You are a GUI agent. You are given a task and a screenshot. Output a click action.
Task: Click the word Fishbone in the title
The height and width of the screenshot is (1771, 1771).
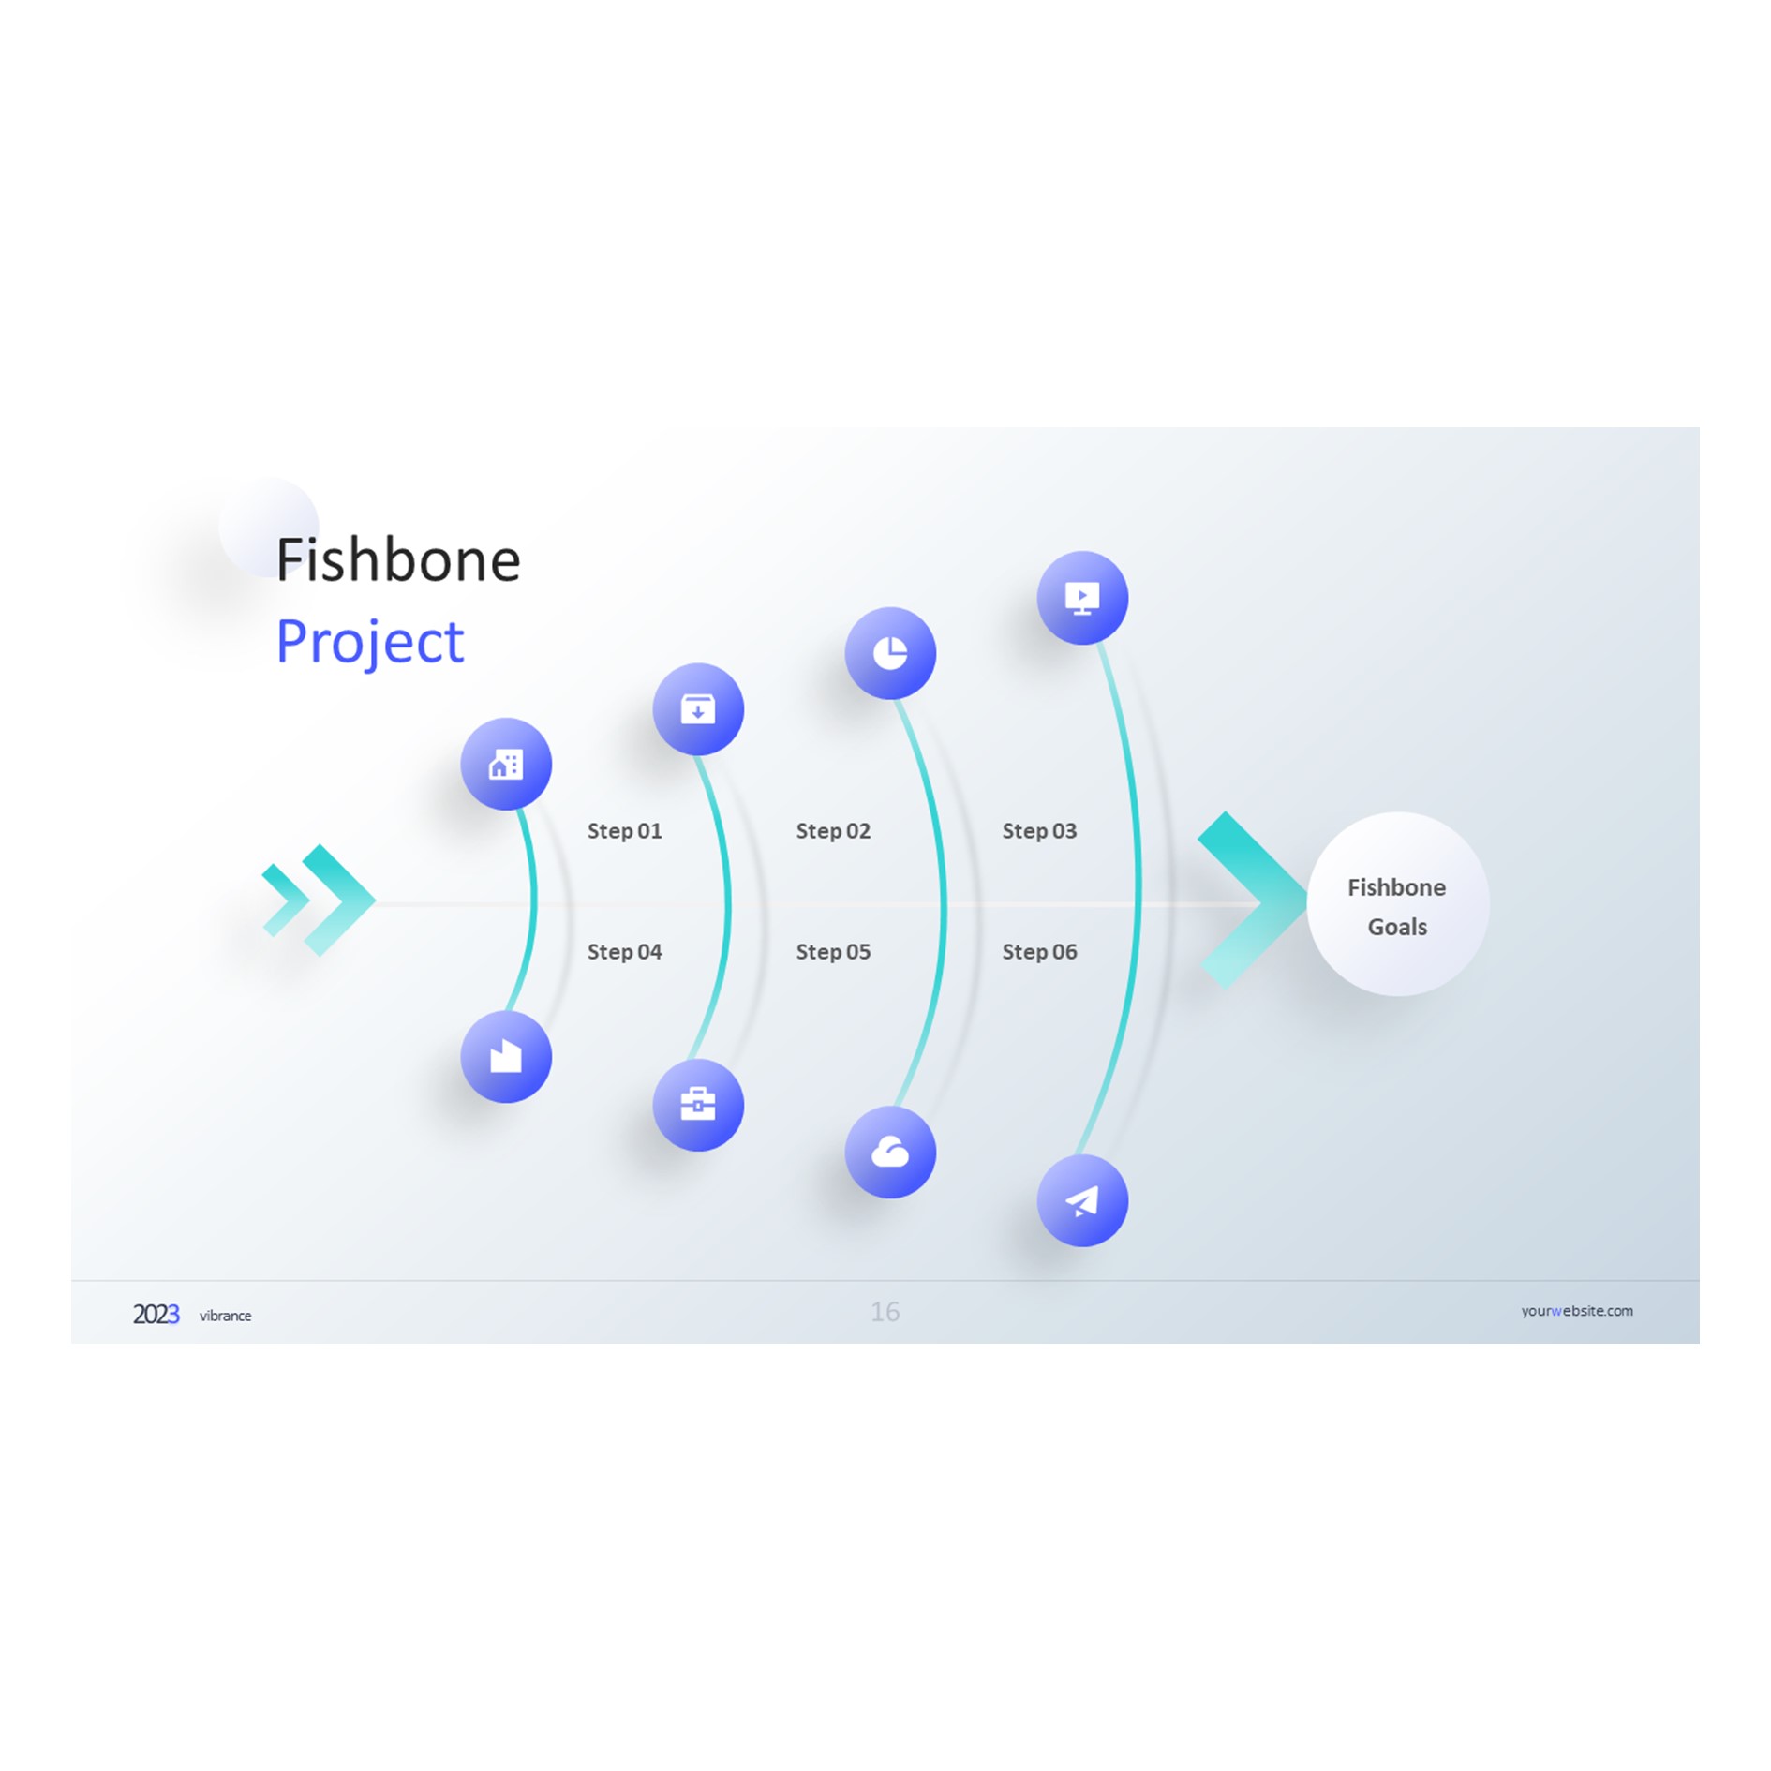pos(397,560)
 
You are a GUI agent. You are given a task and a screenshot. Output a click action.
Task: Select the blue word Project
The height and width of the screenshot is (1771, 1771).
pos(369,643)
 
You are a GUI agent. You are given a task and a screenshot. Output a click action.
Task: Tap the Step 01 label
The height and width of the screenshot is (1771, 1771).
pos(624,831)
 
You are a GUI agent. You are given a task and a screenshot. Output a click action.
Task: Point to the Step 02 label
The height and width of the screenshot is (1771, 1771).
pos(833,831)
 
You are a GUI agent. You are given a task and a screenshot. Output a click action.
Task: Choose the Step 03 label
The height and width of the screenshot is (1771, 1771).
pos(1039,831)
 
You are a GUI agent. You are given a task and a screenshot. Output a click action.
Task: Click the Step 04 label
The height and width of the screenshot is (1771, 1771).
pos(624,952)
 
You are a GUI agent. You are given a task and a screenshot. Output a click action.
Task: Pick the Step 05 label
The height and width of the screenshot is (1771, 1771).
pos(833,952)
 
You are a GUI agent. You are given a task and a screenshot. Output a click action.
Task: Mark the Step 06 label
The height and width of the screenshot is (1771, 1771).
pos(1039,952)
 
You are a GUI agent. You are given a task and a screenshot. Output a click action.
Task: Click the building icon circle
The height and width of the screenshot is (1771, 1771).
pos(506,765)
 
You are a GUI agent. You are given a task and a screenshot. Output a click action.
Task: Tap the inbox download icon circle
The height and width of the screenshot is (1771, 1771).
pos(698,709)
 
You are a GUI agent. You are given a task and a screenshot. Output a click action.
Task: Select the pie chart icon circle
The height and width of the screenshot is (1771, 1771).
pos(890,653)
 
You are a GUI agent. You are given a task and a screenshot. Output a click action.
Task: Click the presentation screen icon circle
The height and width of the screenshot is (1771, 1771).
pos(1082,598)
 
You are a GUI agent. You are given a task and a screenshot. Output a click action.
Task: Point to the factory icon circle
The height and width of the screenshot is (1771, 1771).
pos(506,1057)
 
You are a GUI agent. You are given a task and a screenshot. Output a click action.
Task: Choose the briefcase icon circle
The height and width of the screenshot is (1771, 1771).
pos(698,1105)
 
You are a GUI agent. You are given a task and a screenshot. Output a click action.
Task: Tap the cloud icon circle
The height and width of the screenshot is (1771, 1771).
pos(890,1153)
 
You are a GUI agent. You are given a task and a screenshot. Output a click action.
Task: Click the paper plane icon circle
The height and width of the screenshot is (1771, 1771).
pos(1082,1201)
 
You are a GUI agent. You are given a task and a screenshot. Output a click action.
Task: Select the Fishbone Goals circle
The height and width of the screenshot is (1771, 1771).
pos(1397,905)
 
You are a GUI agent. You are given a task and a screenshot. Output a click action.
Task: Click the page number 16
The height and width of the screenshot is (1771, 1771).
pos(885,1312)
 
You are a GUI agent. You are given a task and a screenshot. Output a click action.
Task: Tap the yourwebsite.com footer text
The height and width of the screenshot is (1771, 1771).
pos(1576,1311)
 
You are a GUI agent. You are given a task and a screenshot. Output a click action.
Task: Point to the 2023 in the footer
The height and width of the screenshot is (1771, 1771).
pos(156,1315)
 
